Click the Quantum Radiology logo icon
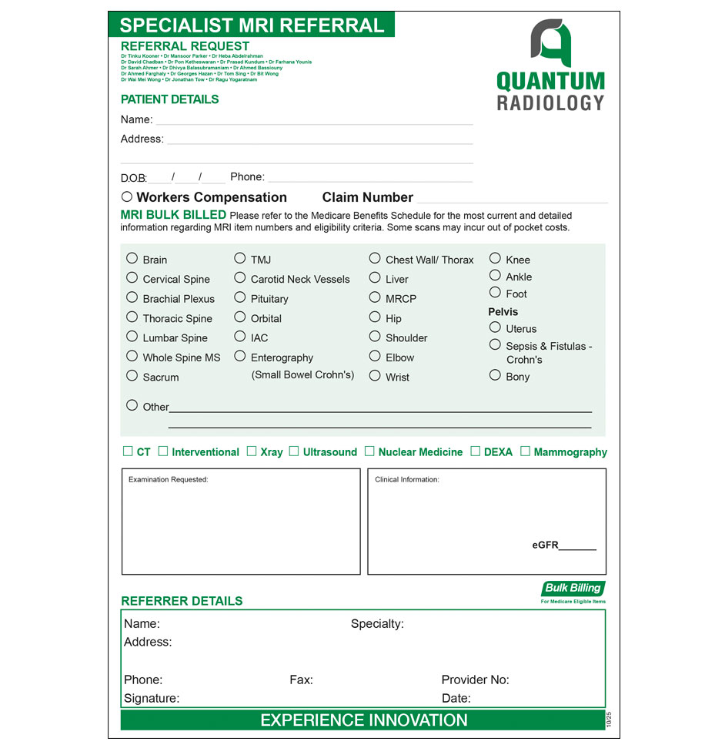click(550, 43)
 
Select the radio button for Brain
click(132, 259)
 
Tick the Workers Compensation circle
click(127, 197)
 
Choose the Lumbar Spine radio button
click(132, 337)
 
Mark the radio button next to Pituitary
click(240, 297)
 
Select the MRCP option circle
click(375, 297)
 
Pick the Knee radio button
click(495, 259)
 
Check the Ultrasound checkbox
click(294, 451)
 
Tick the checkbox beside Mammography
click(525, 451)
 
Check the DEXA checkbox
click(476, 451)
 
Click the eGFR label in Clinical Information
click(545, 545)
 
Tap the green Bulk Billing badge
click(573, 589)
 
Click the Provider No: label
click(475, 680)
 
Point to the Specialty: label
click(377, 623)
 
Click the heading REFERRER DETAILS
click(182, 601)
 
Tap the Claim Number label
click(367, 197)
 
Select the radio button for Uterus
click(495, 327)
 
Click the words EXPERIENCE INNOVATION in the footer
click(363, 720)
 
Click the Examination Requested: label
click(168, 479)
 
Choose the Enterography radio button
click(240, 356)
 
